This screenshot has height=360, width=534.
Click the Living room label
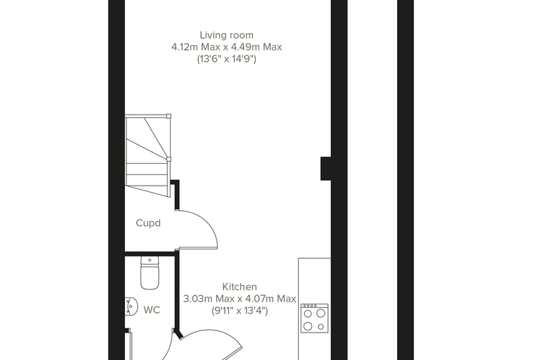(226, 35)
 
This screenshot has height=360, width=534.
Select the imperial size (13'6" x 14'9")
(226, 59)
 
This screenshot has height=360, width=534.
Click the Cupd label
(148, 224)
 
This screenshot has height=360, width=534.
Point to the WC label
(152, 310)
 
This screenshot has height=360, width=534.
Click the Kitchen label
(240, 287)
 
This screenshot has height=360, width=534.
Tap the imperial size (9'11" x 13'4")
(240, 311)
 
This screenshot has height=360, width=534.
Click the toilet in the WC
(150, 273)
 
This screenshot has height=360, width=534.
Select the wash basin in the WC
(131, 306)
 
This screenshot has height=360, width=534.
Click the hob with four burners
(314, 319)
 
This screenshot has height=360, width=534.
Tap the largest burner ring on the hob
(321, 313)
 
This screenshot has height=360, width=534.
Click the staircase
(148, 155)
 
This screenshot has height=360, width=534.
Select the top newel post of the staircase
(169, 116)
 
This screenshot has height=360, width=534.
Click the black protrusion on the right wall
(325, 169)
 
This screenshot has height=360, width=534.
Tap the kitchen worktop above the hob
(315, 281)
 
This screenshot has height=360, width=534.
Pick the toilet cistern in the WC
(150, 261)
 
